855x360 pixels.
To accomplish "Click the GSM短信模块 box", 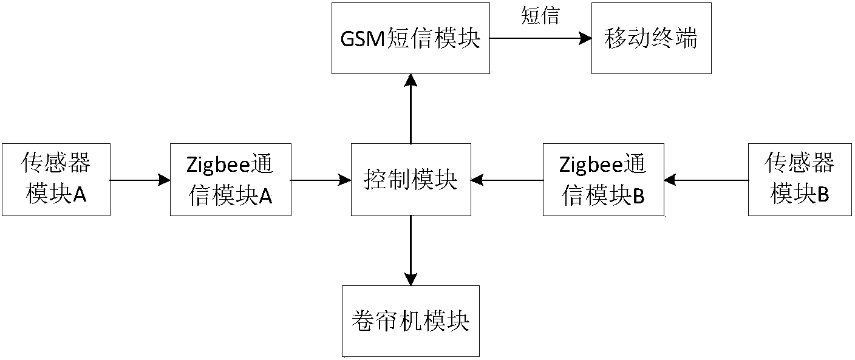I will pyautogui.click(x=411, y=38).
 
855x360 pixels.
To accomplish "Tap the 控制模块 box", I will pyautogui.click(x=411, y=179).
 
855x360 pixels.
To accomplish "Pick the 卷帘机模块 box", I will pyautogui.click(x=410, y=321).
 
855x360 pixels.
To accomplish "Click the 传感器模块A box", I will pyautogui.click(x=56, y=179).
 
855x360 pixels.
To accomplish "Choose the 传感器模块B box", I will pyautogui.click(x=800, y=179).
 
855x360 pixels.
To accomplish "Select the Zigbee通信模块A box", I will pyautogui.click(x=230, y=179).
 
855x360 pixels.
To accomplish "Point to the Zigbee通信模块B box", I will pyautogui.click(x=603, y=179).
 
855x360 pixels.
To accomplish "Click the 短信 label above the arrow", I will pyautogui.click(x=540, y=16).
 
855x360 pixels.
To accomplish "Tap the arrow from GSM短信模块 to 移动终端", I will pyautogui.click(x=540, y=38).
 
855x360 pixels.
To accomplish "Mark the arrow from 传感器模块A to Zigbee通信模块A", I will pyautogui.click(x=140, y=180).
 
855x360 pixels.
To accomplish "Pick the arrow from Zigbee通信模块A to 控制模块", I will pyautogui.click(x=321, y=180).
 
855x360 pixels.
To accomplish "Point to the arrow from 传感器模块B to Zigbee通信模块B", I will pyautogui.click(x=706, y=180).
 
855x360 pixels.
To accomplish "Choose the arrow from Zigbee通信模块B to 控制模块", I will pyautogui.click(x=507, y=180).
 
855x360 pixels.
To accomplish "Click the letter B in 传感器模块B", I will pyautogui.click(x=823, y=195).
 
